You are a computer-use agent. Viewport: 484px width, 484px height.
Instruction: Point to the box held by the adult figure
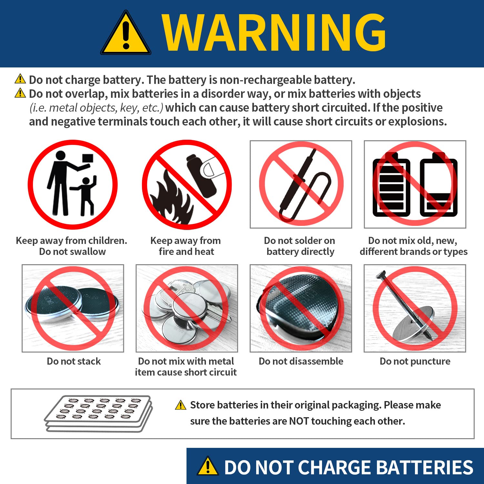87,158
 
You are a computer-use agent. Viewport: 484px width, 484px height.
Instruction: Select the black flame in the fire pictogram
171,198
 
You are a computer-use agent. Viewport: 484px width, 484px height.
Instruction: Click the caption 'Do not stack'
74,361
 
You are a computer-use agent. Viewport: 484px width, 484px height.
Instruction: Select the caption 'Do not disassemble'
301,361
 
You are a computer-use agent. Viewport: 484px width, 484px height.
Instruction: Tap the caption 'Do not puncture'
415,361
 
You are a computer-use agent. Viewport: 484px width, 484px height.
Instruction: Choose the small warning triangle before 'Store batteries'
181,405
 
